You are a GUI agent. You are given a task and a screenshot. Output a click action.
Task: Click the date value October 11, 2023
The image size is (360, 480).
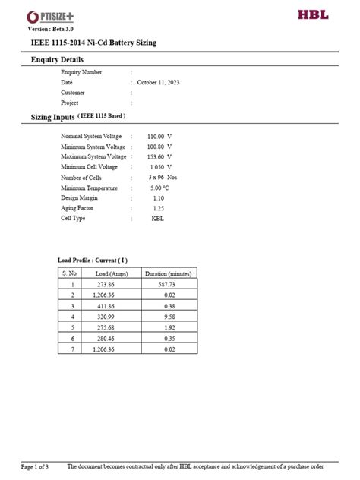click(x=159, y=82)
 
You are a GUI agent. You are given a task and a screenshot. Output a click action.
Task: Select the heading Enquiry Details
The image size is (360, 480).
click(x=57, y=59)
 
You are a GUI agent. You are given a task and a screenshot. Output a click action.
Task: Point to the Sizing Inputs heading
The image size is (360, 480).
click(x=52, y=118)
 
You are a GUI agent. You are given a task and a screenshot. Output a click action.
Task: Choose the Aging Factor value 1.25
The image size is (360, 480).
click(x=158, y=207)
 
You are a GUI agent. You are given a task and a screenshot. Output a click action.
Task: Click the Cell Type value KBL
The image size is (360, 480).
click(x=158, y=218)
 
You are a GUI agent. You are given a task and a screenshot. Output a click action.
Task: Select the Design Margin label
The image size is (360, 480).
click(x=79, y=197)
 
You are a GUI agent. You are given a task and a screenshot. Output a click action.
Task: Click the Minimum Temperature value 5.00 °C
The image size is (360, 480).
click(x=159, y=187)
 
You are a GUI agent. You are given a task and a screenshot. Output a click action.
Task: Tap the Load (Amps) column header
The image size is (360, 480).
click(x=111, y=273)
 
